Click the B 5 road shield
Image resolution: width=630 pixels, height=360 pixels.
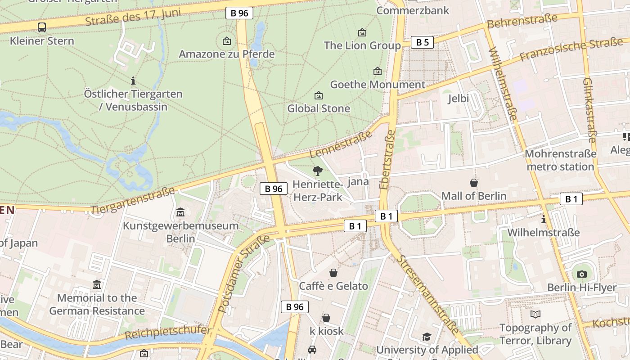click(x=422, y=42)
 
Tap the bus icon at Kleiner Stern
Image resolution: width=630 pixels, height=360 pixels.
click(x=42, y=27)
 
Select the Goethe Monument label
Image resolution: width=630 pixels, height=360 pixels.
click(x=378, y=85)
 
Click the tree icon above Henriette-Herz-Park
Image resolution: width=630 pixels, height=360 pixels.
click(x=318, y=171)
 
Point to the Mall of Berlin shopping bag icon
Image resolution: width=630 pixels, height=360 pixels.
click(x=474, y=183)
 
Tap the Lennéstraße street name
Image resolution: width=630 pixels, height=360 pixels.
click(x=341, y=144)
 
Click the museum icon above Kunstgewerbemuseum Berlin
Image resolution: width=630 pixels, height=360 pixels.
click(x=180, y=212)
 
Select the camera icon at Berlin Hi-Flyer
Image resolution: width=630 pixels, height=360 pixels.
click(x=581, y=274)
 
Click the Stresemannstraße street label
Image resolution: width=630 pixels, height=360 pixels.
click(x=427, y=295)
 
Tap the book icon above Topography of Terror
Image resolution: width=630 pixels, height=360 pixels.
click(x=535, y=314)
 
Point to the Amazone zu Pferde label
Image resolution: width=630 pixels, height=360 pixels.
click(x=226, y=54)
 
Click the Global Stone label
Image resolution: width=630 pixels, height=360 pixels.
click(x=319, y=108)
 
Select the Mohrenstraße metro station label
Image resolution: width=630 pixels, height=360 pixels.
click(x=560, y=160)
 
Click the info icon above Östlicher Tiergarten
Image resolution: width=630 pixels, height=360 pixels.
click(x=133, y=81)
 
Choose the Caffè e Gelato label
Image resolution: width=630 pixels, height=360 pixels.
click(x=333, y=286)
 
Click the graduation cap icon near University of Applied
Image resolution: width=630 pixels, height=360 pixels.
click(x=427, y=337)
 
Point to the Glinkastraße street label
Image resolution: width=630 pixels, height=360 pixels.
click(x=590, y=110)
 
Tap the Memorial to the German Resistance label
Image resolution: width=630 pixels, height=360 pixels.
click(x=97, y=304)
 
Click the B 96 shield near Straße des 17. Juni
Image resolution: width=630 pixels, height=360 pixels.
click(x=239, y=13)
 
